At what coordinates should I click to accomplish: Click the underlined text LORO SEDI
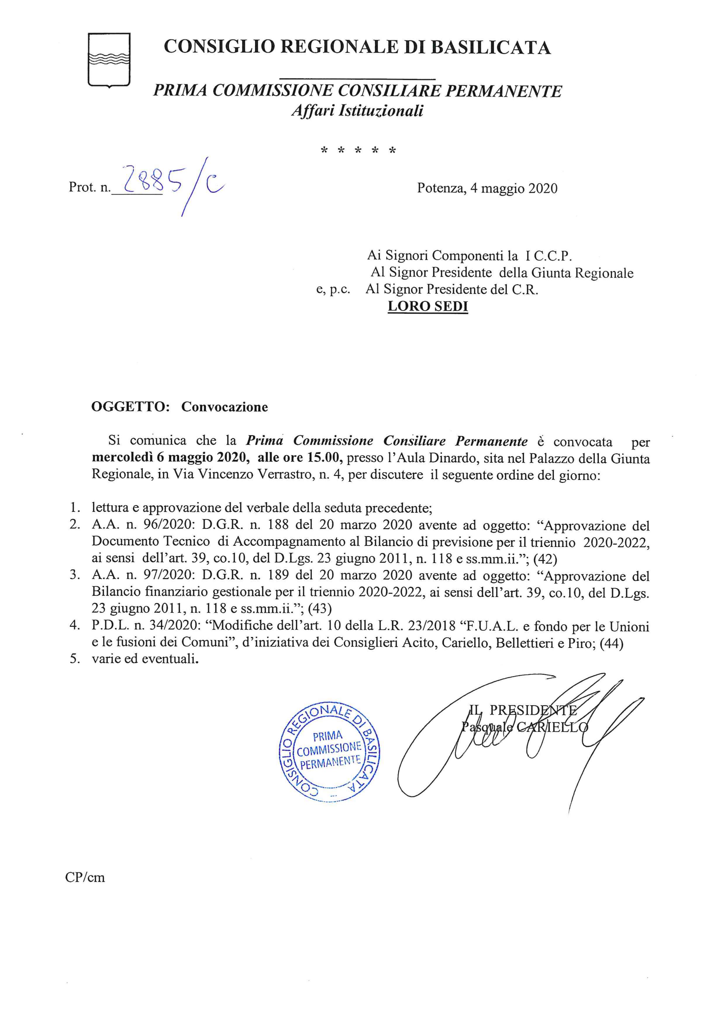pyautogui.click(x=428, y=307)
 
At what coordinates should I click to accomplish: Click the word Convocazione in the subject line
pyautogui.click(x=225, y=407)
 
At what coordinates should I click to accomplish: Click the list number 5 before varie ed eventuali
pyautogui.click(x=75, y=660)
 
